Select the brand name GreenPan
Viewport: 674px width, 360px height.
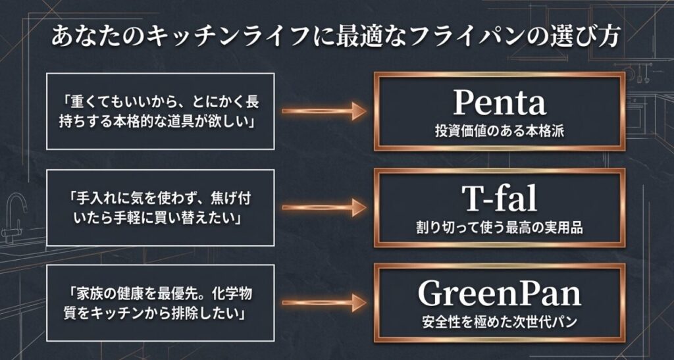point(499,295)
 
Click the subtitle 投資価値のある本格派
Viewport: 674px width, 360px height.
point(499,132)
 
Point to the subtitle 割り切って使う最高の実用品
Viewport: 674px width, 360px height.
point(499,228)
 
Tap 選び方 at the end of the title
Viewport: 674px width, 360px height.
point(584,37)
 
